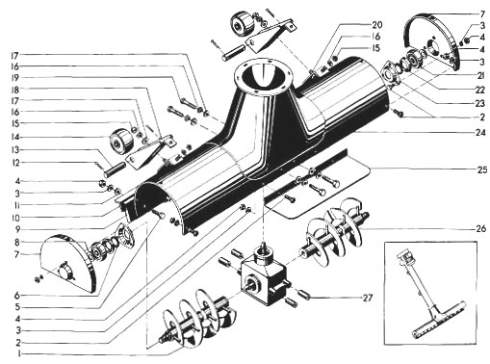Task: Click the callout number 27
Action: pyautogui.click(x=368, y=298)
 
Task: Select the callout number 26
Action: pyautogui.click(x=480, y=229)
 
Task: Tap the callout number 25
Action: pyautogui.click(x=482, y=169)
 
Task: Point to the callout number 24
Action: pyautogui.click(x=480, y=132)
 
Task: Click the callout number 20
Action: pyautogui.click(x=377, y=25)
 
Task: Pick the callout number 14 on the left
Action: pyautogui.click(x=15, y=138)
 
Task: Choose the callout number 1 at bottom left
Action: pyautogui.click(x=19, y=354)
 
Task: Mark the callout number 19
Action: pyautogui.click(x=14, y=78)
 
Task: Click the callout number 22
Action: pyautogui.click(x=479, y=91)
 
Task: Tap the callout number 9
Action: pyautogui.click(x=17, y=229)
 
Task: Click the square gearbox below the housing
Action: pyautogui.click(x=264, y=275)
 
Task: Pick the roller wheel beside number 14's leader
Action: pyautogui.click(x=120, y=142)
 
